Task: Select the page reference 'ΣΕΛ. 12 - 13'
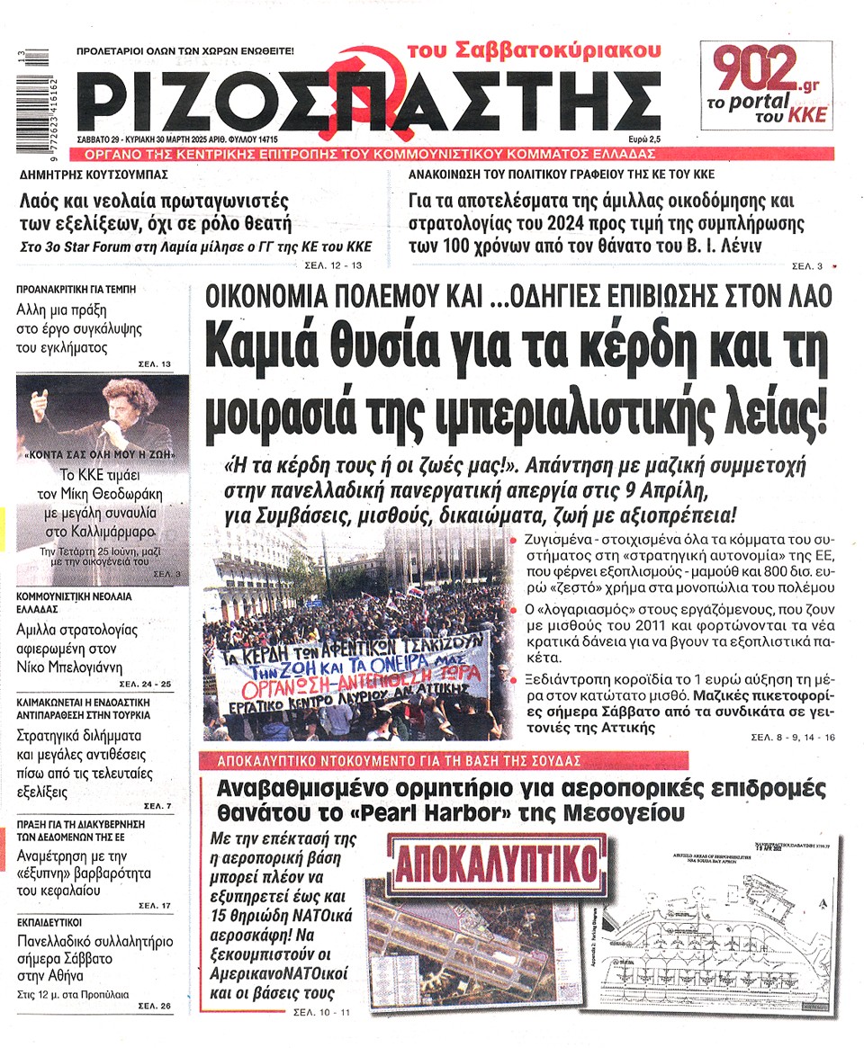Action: tap(330, 265)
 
